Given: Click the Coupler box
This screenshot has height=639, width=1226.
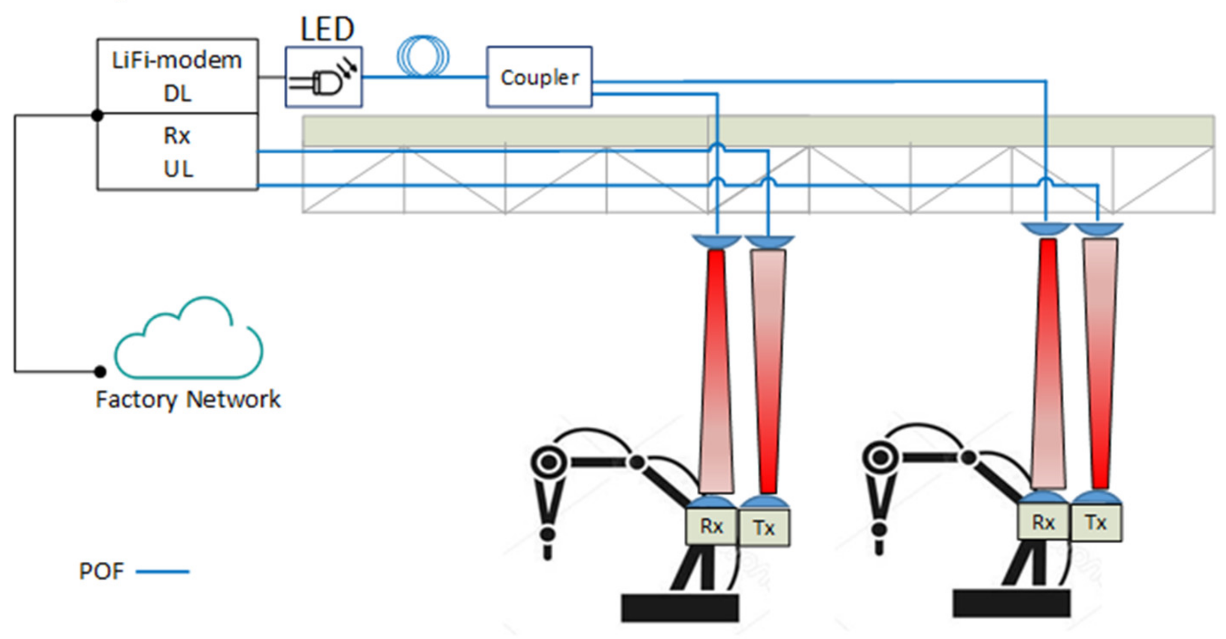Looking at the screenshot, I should [x=539, y=77].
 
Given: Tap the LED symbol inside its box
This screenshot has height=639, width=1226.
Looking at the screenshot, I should [x=324, y=81].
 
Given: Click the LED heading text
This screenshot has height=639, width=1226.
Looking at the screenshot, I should [x=328, y=30].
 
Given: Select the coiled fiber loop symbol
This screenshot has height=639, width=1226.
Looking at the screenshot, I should [x=423, y=56].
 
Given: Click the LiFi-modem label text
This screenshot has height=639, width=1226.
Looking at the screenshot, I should [x=176, y=61].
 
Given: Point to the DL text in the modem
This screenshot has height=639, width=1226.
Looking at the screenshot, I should [x=178, y=94].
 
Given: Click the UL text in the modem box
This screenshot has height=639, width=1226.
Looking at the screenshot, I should [x=178, y=169].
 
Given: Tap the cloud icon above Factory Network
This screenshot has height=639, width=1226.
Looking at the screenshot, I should [x=189, y=341].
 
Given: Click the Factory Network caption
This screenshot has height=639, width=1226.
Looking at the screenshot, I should [x=188, y=399].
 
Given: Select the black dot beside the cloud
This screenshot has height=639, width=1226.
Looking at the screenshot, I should [x=100, y=371].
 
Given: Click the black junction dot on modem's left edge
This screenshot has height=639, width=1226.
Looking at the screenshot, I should [x=97, y=115].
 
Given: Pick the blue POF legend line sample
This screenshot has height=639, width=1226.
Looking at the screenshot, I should [x=162, y=572].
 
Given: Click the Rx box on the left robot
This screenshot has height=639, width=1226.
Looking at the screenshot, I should [x=711, y=526].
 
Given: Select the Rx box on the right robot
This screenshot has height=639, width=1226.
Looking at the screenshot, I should [x=1043, y=523].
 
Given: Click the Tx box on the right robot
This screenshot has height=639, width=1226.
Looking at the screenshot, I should [x=1096, y=523].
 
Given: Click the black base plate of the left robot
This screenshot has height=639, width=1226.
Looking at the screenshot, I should [x=680, y=607].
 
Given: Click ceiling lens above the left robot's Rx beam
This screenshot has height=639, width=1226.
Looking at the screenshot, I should [x=716, y=241].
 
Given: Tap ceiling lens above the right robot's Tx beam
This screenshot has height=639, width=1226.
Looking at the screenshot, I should [x=1099, y=229].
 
